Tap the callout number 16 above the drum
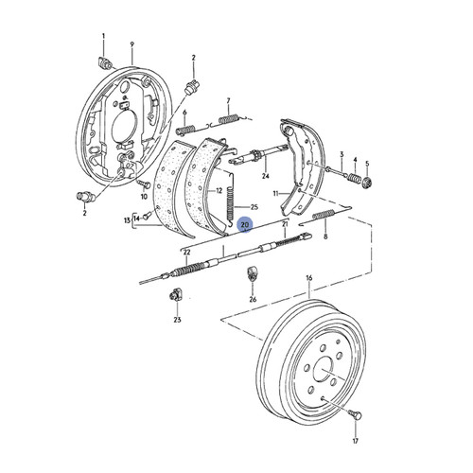click(308, 279)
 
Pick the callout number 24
click(266, 174)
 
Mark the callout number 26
click(253, 299)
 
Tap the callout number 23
click(176, 321)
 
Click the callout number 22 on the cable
click(187, 252)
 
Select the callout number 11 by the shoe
click(276, 195)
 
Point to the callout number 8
click(325, 239)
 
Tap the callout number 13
click(126, 219)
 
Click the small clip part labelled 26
click(253, 276)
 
